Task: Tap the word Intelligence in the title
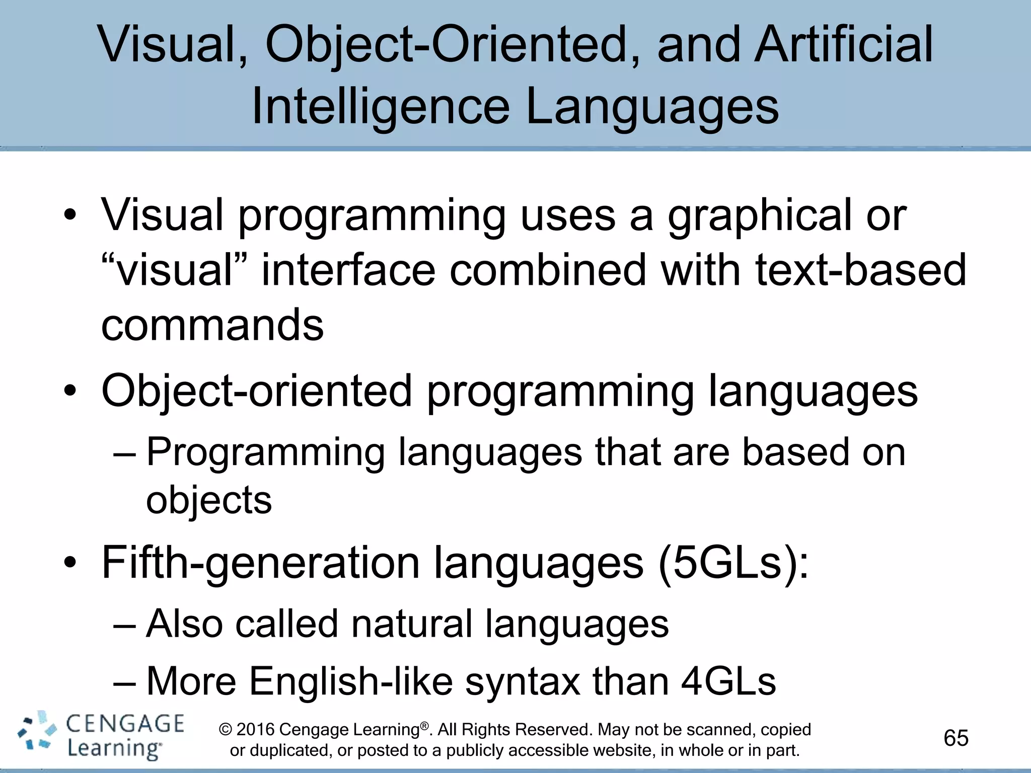380,107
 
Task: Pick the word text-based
860,271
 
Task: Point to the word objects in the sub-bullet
209,500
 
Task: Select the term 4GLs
728,681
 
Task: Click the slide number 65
956,738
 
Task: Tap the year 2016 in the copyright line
255,730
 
